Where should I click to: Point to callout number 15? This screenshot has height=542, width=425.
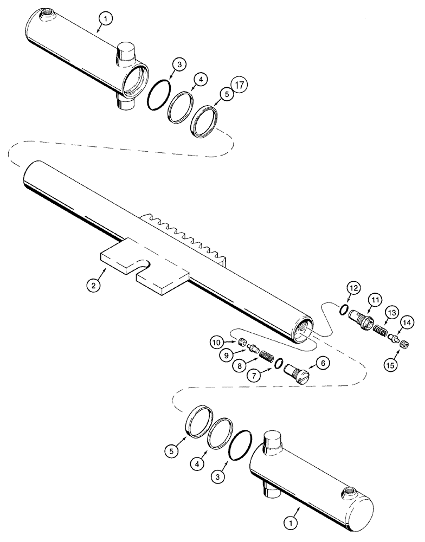tap(390, 365)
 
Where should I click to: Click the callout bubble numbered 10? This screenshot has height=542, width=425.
tap(216, 342)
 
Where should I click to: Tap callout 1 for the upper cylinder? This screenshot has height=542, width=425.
tap(106, 19)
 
